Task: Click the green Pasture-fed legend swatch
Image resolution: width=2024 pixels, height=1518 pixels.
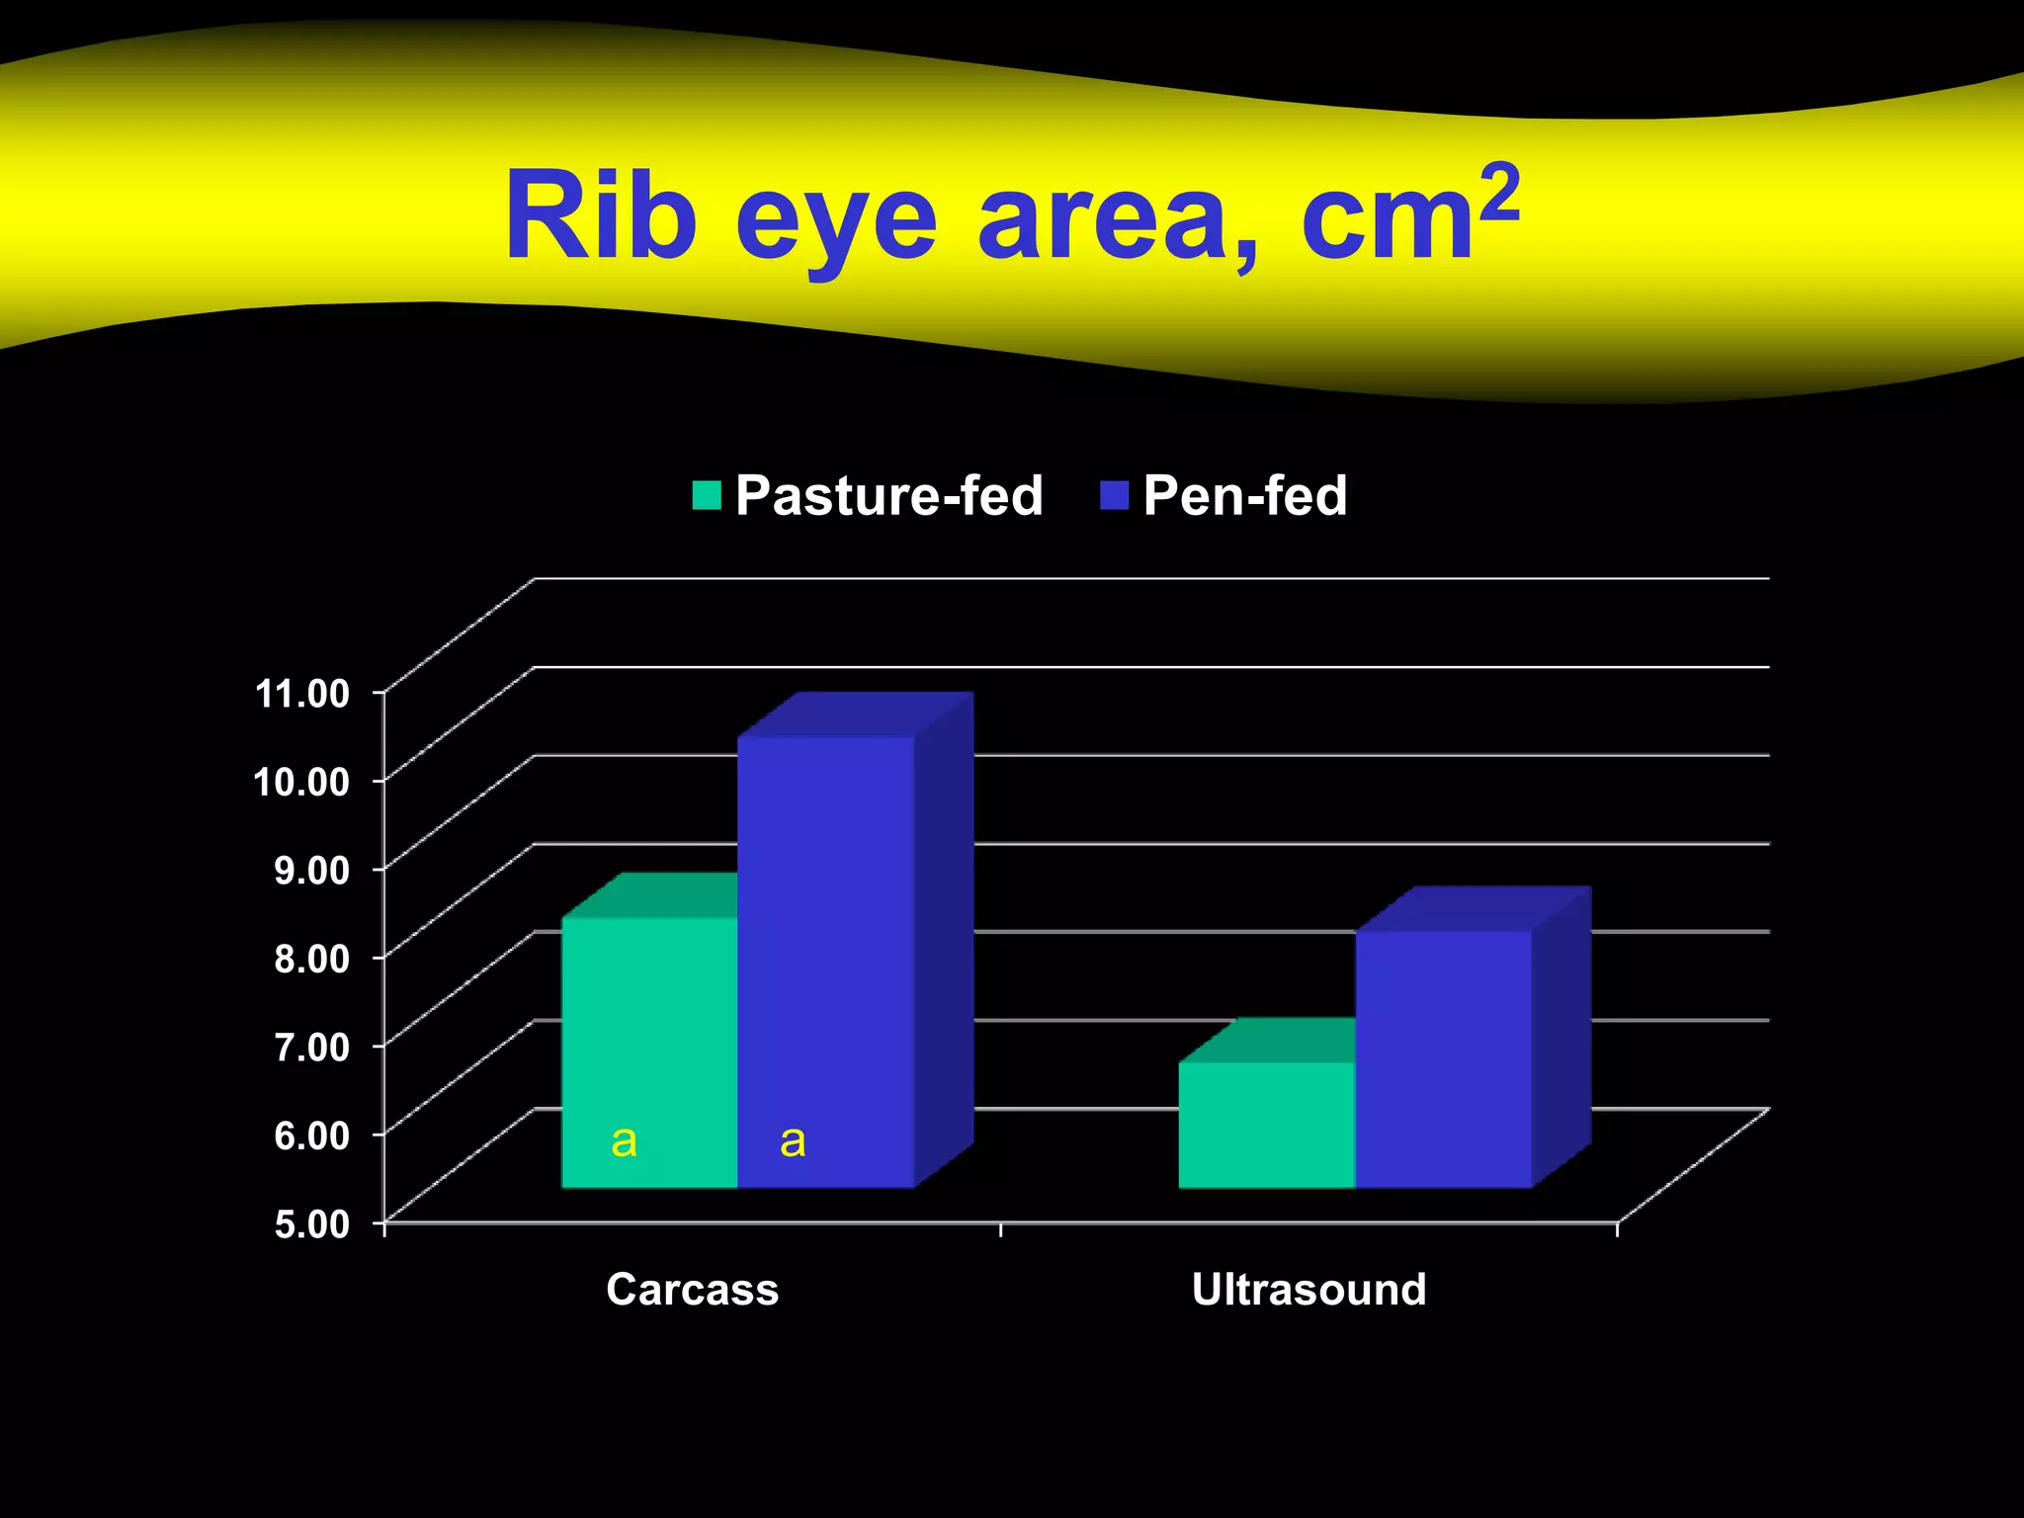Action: click(707, 495)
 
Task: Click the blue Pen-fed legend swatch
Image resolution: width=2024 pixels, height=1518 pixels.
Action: click(1114, 495)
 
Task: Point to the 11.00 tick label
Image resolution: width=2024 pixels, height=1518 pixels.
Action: click(302, 693)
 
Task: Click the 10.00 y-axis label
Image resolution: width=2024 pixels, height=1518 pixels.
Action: click(302, 782)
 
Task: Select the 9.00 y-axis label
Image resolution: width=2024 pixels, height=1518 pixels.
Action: click(312, 870)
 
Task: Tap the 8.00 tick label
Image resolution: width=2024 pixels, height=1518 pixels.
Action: click(312, 958)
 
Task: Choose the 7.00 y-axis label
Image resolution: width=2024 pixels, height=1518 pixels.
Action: click(312, 1046)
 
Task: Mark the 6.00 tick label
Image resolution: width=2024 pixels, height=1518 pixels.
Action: click(312, 1135)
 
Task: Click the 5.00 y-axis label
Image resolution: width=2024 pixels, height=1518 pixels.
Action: click(312, 1223)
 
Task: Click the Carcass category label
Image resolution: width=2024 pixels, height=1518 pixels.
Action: click(692, 1290)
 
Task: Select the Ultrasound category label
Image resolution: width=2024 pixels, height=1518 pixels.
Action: click(1308, 1290)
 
